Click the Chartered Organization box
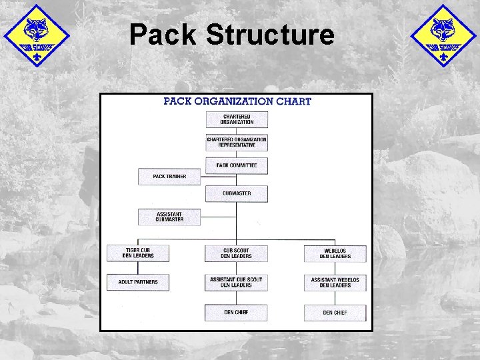click(237, 119)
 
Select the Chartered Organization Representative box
click(237, 142)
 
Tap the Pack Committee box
click(237, 165)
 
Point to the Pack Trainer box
click(169, 177)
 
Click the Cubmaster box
click(237, 193)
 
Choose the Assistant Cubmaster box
click(169, 217)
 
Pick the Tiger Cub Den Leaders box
click(138, 253)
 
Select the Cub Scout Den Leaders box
click(237, 253)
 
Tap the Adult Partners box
click(138, 282)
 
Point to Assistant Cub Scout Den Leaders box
click(237, 282)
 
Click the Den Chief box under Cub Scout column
click(237, 312)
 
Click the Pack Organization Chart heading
click(237, 102)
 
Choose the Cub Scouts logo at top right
click(443, 35)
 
